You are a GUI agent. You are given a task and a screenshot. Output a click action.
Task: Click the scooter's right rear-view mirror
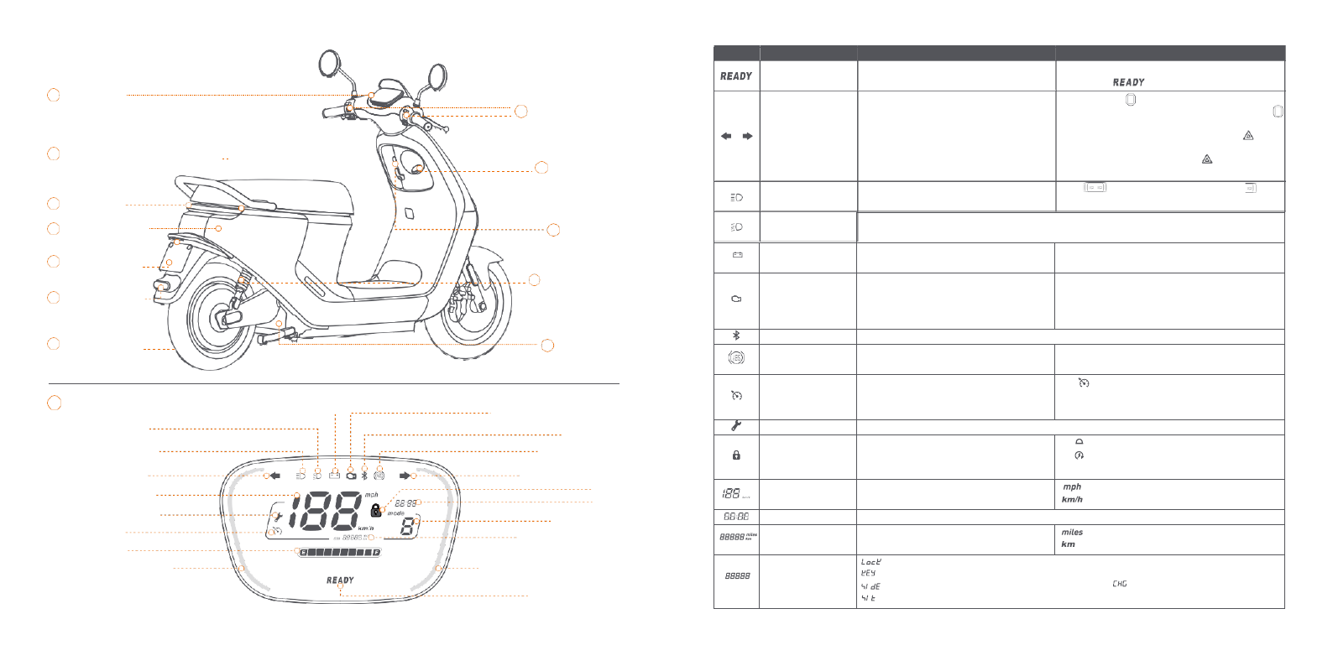point(436,76)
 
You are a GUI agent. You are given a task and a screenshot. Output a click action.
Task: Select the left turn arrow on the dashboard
point(274,476)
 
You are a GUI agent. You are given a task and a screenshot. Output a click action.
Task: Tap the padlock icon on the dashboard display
point(375,510)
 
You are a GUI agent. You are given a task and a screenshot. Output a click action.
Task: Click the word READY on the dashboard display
point(340,580)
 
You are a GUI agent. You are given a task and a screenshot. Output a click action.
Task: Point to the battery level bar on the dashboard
point(340,553)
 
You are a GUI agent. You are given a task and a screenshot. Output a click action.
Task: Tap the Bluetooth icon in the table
point(736,336)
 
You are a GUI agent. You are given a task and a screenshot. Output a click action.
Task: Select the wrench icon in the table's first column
point(736,426)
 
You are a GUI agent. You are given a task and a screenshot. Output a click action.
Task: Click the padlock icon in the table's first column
point(736,455)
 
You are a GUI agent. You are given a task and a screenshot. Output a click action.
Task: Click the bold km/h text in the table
point(1072,499)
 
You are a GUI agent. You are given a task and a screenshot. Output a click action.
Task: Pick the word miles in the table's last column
point(1072,532)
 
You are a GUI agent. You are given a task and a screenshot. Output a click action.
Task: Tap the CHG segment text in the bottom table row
point(1120,584)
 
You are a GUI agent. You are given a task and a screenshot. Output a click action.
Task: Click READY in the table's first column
point(736,76)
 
